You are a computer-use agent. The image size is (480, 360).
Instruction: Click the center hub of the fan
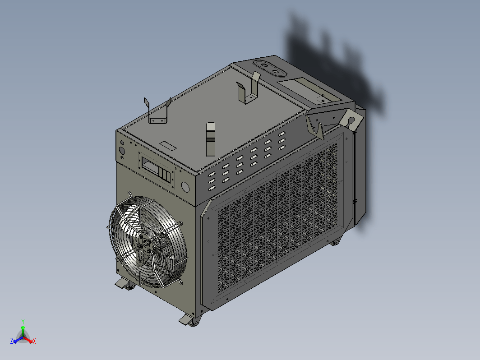pos(146,243)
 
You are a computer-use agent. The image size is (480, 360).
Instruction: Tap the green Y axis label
pos(23,321)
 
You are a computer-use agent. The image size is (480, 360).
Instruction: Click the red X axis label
pos(34,341)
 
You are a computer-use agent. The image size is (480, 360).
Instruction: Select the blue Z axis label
pos(12,341)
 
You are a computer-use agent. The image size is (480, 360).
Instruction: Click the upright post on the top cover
pos(211,139)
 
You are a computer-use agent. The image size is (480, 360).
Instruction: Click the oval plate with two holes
pos(270,69)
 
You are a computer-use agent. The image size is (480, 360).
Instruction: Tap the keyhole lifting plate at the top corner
pos(351,120)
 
